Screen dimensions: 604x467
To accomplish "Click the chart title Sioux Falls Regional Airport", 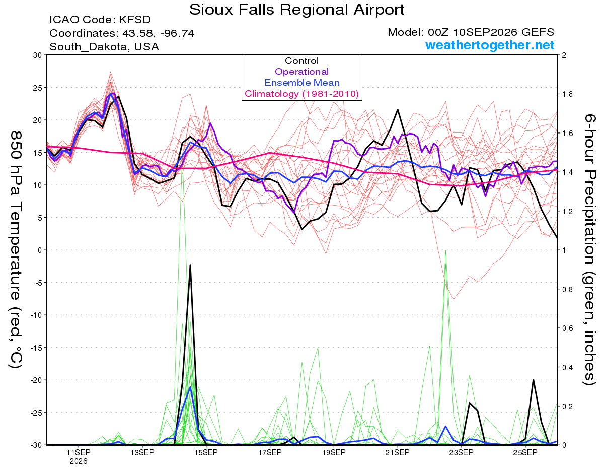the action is tap(296, 10).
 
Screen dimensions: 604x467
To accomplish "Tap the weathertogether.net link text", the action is tap(490, 45).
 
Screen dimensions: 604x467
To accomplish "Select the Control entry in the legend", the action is tap(301, 61).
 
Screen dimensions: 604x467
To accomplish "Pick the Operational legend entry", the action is tap(301, 72).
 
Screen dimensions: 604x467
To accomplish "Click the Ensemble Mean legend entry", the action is tap(302, 83).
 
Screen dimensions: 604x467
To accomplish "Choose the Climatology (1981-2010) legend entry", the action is tap(302, 94).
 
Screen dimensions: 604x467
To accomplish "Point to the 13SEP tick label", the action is tap(142, 452).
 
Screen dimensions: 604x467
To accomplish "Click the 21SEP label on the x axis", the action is tap(398, 452).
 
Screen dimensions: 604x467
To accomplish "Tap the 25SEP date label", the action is tap(525, 452).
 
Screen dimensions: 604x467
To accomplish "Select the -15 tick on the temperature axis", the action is tap(36, 348).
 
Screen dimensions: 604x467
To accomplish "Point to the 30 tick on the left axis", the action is tap(38, 55).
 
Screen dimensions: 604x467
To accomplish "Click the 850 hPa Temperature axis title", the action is tap(16, 250).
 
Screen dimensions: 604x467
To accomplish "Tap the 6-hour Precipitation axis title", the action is tap(589, 249).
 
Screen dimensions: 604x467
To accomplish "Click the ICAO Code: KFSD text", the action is tap(100, 20).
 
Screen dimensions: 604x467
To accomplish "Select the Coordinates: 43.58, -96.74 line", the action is tap(122, 33).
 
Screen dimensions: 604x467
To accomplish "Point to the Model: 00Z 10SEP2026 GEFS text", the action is tap(471, 32).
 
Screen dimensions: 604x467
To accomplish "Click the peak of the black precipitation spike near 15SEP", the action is tap(190, 265).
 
